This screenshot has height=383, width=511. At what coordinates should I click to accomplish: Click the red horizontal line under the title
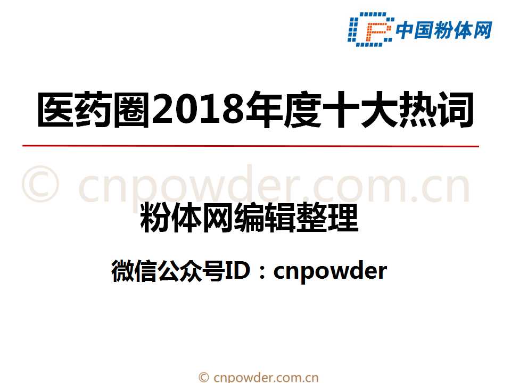[250, 145]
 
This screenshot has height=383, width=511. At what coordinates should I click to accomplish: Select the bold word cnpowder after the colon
[329, 271]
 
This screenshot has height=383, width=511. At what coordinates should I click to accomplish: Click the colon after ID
[262, 272]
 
